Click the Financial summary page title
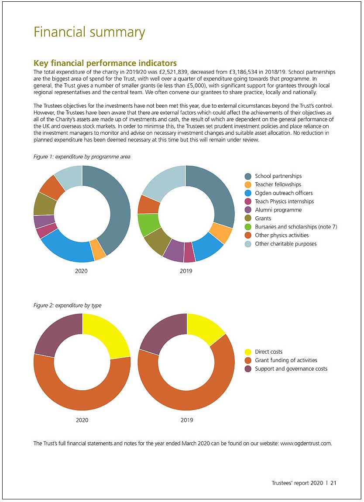[x=89, y=32]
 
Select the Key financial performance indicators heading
[x=105, y=63]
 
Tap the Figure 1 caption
[x=82, y=157]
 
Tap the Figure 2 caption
[x=67, y=305]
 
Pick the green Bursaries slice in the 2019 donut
[x=148, y=224]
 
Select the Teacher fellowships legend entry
[x=273, y=184]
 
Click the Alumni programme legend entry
[x=273, y=210]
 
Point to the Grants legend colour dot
[x=248, y=219]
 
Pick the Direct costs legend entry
[x=263, y=352]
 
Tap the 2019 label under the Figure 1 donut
[x=186, y=271]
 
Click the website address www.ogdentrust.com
[x=306, y=444]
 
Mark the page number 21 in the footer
[x=333, y=483]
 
